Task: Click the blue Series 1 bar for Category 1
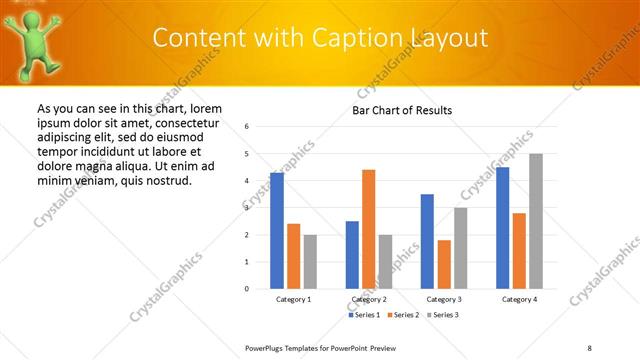pyautogui.click(x=277, y=231)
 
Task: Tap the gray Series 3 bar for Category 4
pyautogui.click(x=536, y=221)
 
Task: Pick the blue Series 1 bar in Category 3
pyautogui.click(x=427, y=241)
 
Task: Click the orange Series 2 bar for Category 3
pyautogui.click(x=444, y=264)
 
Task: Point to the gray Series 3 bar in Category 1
pyautogui.click(x=310, y=262)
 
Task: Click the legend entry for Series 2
pyautogui.click(x=401, y=315)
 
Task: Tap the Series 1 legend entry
pyautogui.click(x=363, y=315)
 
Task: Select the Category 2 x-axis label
pyautogui.click(x=368, y=299)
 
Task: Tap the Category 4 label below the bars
pyautogui.click(x=519, y=299)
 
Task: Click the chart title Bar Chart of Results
pyautogui.click(x=402, y=110)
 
